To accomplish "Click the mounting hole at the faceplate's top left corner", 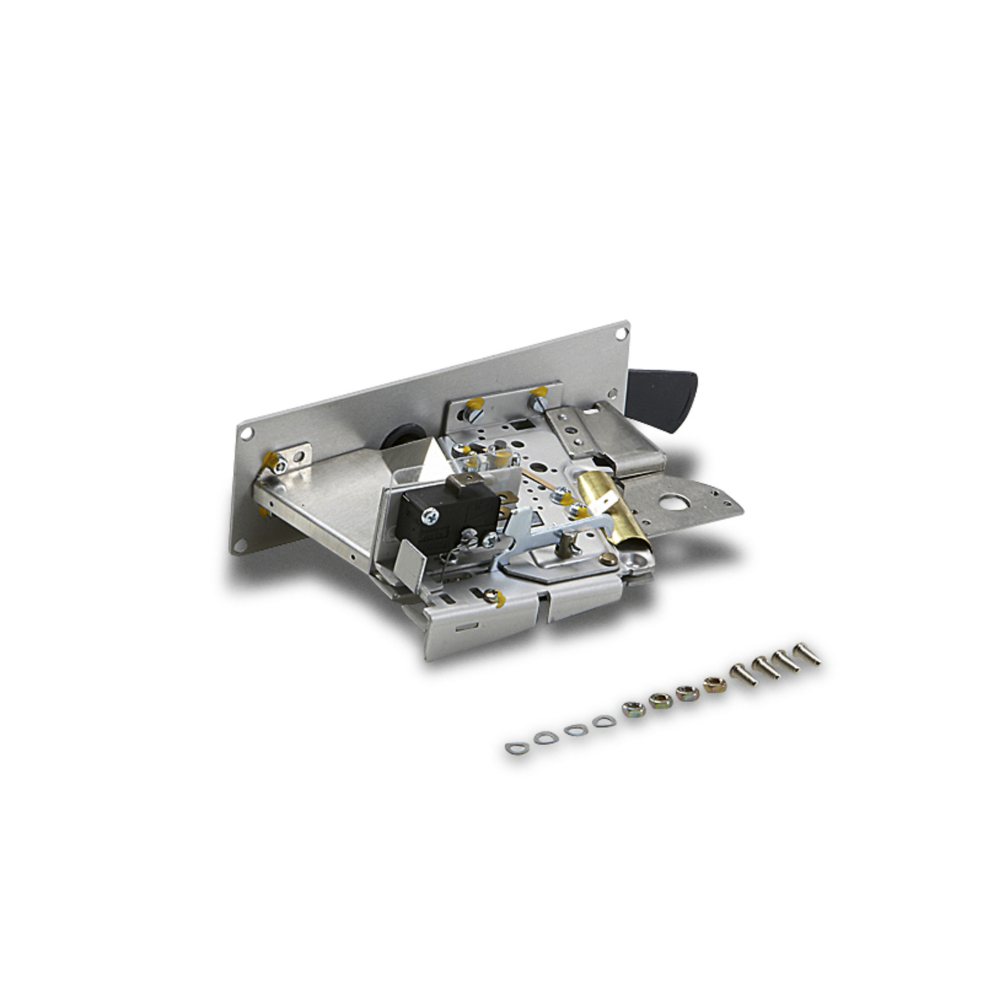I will coord(246,433).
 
